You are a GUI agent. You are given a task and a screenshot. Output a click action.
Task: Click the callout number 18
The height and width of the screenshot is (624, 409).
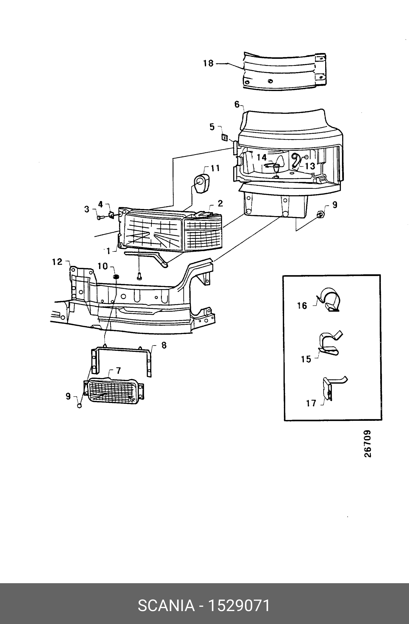click(x=208, y=63)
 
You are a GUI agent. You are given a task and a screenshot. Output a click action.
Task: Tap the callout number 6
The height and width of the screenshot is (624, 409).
click(x=237, y=104)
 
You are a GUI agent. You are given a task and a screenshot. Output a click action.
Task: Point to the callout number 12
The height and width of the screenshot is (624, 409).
click(x=57, y=262)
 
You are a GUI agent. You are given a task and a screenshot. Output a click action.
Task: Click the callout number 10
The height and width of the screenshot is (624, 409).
click(x=103, y=266)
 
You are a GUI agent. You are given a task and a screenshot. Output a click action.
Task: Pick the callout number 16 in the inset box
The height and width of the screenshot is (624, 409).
click(x=302, y=306)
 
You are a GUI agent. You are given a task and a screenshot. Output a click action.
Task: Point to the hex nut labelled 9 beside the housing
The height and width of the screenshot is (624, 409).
click(x=320, y=215)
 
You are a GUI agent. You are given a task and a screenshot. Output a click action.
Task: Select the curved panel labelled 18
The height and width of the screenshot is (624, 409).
click(x=284, y=71)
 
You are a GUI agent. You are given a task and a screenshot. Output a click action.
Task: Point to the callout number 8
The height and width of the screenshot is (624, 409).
click(x=164, y=345)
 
